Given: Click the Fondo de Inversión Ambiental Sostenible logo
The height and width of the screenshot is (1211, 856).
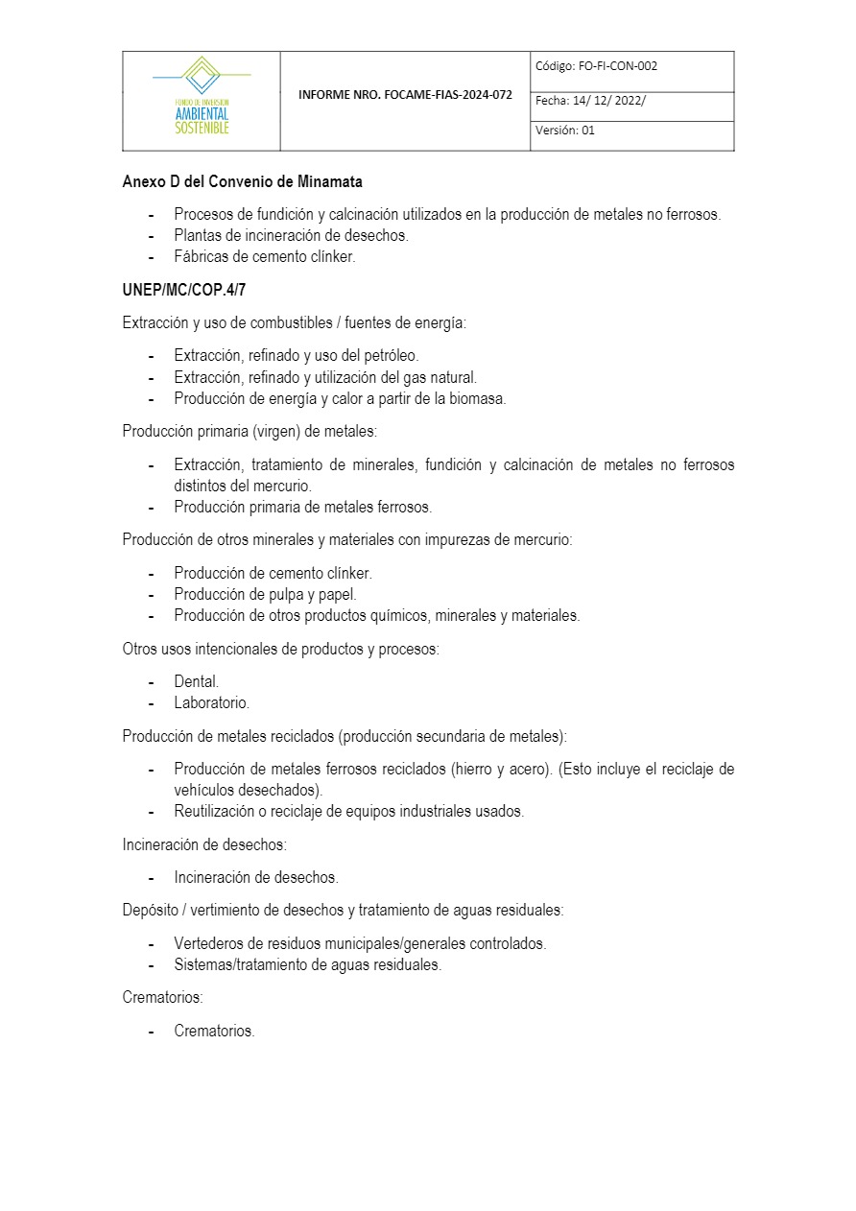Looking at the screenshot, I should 202,99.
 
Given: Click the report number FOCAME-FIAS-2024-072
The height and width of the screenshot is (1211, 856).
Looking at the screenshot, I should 405,96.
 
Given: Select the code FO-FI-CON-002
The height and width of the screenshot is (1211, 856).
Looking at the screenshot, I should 618,66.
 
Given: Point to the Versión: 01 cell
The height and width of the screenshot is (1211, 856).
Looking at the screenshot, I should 565,131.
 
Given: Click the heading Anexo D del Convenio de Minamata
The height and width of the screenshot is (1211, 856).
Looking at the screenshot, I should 242,181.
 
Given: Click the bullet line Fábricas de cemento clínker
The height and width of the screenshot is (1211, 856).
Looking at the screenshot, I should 264,257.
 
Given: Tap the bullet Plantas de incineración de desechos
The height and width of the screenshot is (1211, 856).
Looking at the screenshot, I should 291,235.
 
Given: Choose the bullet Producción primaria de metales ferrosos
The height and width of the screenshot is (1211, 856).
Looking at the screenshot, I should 302,507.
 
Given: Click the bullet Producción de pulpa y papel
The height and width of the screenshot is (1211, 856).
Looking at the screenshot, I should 265,595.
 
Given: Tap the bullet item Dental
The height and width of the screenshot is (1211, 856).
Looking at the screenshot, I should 196,681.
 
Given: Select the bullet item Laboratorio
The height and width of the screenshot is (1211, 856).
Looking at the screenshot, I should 211,703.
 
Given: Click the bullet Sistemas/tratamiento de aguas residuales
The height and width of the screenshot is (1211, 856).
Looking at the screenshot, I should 307,965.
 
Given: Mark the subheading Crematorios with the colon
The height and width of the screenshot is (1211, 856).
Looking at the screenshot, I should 162,998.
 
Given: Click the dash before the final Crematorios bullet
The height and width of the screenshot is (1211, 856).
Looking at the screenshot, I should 152,1033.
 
